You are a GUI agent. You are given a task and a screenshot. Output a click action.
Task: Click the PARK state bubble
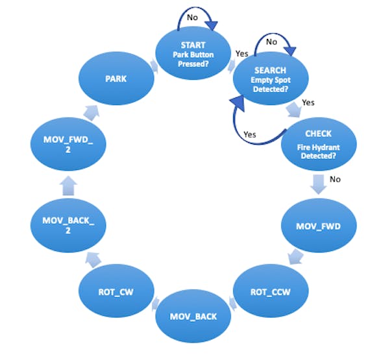tap(116, 78)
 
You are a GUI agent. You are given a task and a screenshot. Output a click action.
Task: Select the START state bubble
tap(193, 53)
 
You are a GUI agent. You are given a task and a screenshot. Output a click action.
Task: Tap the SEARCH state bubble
tap(271, 78)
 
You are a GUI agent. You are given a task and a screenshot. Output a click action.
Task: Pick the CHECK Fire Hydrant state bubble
tap(319, 144)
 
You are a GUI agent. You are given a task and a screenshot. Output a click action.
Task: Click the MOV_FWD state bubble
tap(319, 226)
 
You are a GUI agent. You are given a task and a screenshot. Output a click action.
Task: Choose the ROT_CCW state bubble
tap(271, 291)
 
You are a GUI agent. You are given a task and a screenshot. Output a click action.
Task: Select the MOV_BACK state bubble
tap(193, 317)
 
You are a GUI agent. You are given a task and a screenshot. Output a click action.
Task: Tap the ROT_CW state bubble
tap(116, 291)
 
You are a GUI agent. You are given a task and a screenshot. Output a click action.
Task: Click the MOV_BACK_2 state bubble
tap(68, 226)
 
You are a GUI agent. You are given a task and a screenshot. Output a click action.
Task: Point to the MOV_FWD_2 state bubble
tap(68, 144)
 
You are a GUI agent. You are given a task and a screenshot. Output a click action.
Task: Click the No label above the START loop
tap(192, 18)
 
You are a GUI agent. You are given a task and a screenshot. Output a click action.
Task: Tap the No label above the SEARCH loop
tap(271, 42)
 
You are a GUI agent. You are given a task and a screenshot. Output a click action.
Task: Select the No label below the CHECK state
tap(335, 180)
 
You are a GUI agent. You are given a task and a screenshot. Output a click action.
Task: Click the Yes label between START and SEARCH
tap(242, 54)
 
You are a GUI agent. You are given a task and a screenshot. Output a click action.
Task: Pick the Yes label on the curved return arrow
tap(250, 134)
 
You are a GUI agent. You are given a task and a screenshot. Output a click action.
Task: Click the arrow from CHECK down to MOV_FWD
tap(319, 184)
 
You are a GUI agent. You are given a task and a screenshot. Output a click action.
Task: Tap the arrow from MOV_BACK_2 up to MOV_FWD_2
tap(68, 186)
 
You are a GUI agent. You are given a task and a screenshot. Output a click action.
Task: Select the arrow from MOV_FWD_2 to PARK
tap(92, 112)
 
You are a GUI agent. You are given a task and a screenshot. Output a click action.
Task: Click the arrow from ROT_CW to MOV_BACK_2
tap(93, 259)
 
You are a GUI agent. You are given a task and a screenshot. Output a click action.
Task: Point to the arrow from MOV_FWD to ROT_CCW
tap(295, 256)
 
